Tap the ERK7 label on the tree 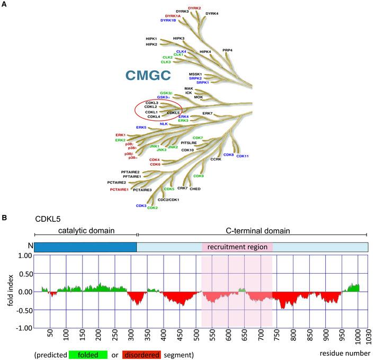click(x=207, y=113)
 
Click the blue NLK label click(x=164, y=124)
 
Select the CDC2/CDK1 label click(x=168, y=199)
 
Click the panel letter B click(x=5, y=218)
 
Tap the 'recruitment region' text click(x=237, y=247)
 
